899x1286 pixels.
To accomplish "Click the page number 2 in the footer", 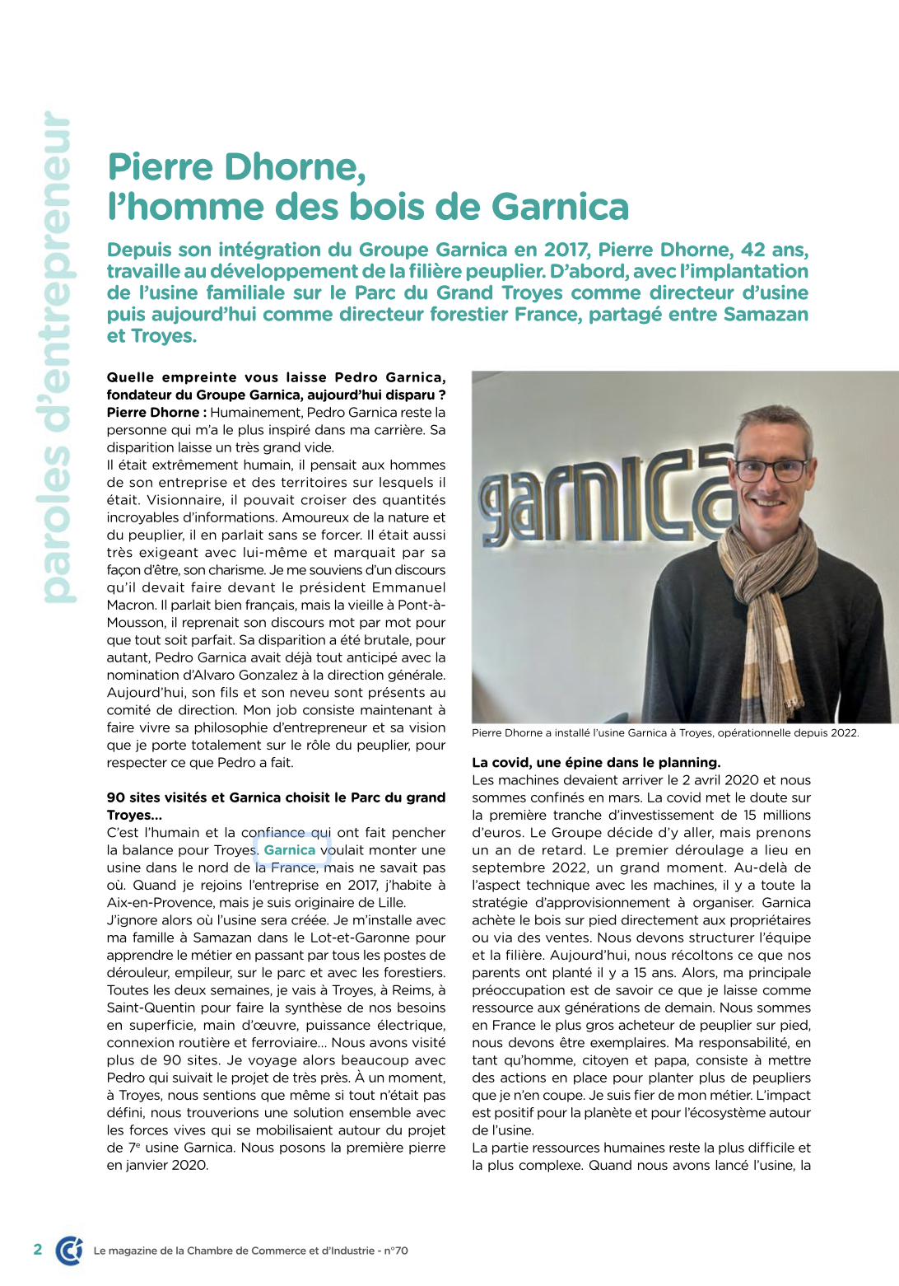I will tap(38, 1249).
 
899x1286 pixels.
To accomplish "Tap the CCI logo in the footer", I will tap(70, 1250).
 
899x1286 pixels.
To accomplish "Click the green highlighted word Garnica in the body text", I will tap(290, 850).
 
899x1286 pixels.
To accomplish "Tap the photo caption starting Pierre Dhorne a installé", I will tap(665, 732).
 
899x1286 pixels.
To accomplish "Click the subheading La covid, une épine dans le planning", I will tap(596, 762).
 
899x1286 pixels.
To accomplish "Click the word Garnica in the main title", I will tap(560, 207).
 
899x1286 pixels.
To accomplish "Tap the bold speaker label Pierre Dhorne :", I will tap(156, 412).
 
